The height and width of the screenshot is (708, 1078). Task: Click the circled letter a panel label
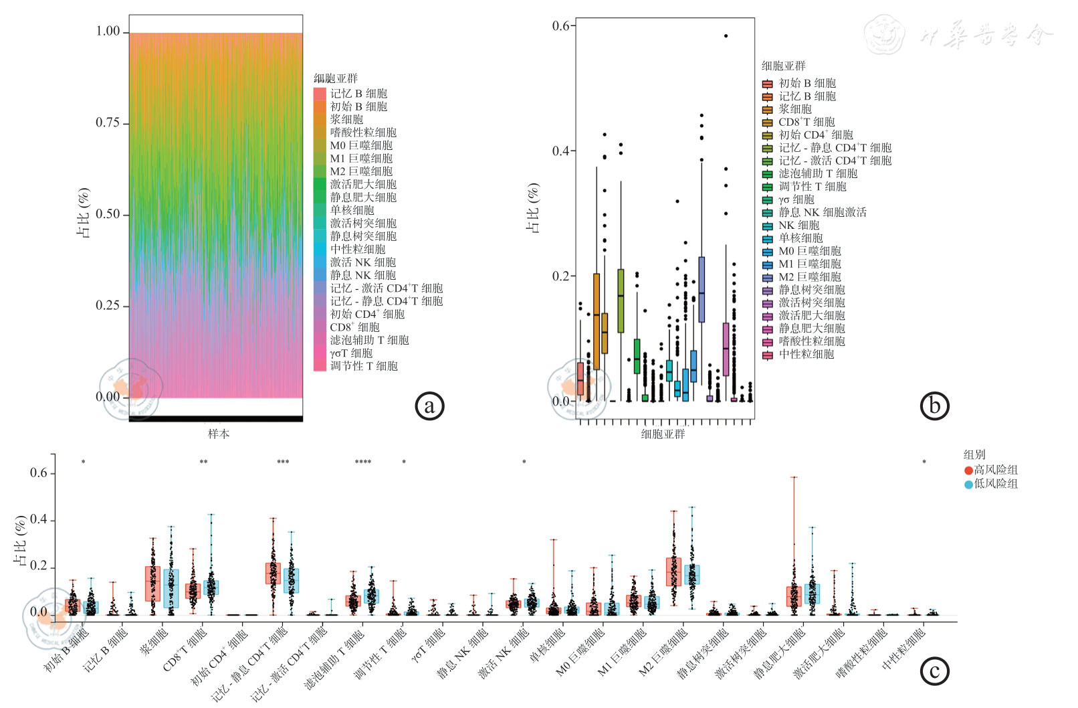[x=429, y=406]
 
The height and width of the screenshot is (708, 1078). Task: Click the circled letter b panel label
[x=934, y=406]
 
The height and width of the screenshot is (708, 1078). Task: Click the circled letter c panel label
[x=934, y=671]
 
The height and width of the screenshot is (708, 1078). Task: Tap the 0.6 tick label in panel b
[x=560, y=26]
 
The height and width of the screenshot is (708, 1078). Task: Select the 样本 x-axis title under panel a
[x=219, y=434]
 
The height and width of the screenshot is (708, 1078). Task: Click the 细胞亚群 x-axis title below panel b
[x=663, y=434]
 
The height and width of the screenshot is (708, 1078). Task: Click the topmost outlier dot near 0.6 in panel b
[x=726, y=36]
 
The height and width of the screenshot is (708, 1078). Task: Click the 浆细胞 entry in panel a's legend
[x=346, y=119]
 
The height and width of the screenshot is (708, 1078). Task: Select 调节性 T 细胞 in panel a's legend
[x=363, y=366]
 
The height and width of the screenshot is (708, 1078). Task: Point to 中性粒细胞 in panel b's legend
[x=806, y=354]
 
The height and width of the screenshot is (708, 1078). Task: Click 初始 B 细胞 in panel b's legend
[x=806, y=83]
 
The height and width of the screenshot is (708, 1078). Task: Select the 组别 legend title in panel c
[x=974, y=454]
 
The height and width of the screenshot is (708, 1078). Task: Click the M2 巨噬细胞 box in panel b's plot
[x=702, y=289]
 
